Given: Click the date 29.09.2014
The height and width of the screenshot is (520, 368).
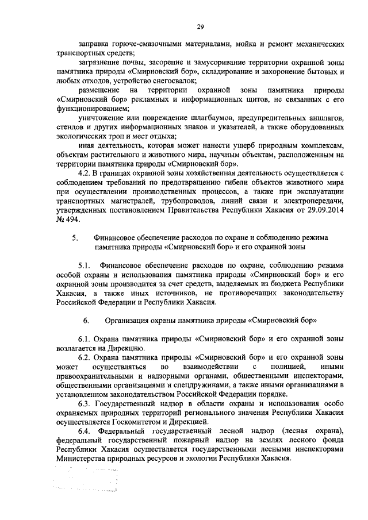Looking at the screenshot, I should click(x=326, y=211).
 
